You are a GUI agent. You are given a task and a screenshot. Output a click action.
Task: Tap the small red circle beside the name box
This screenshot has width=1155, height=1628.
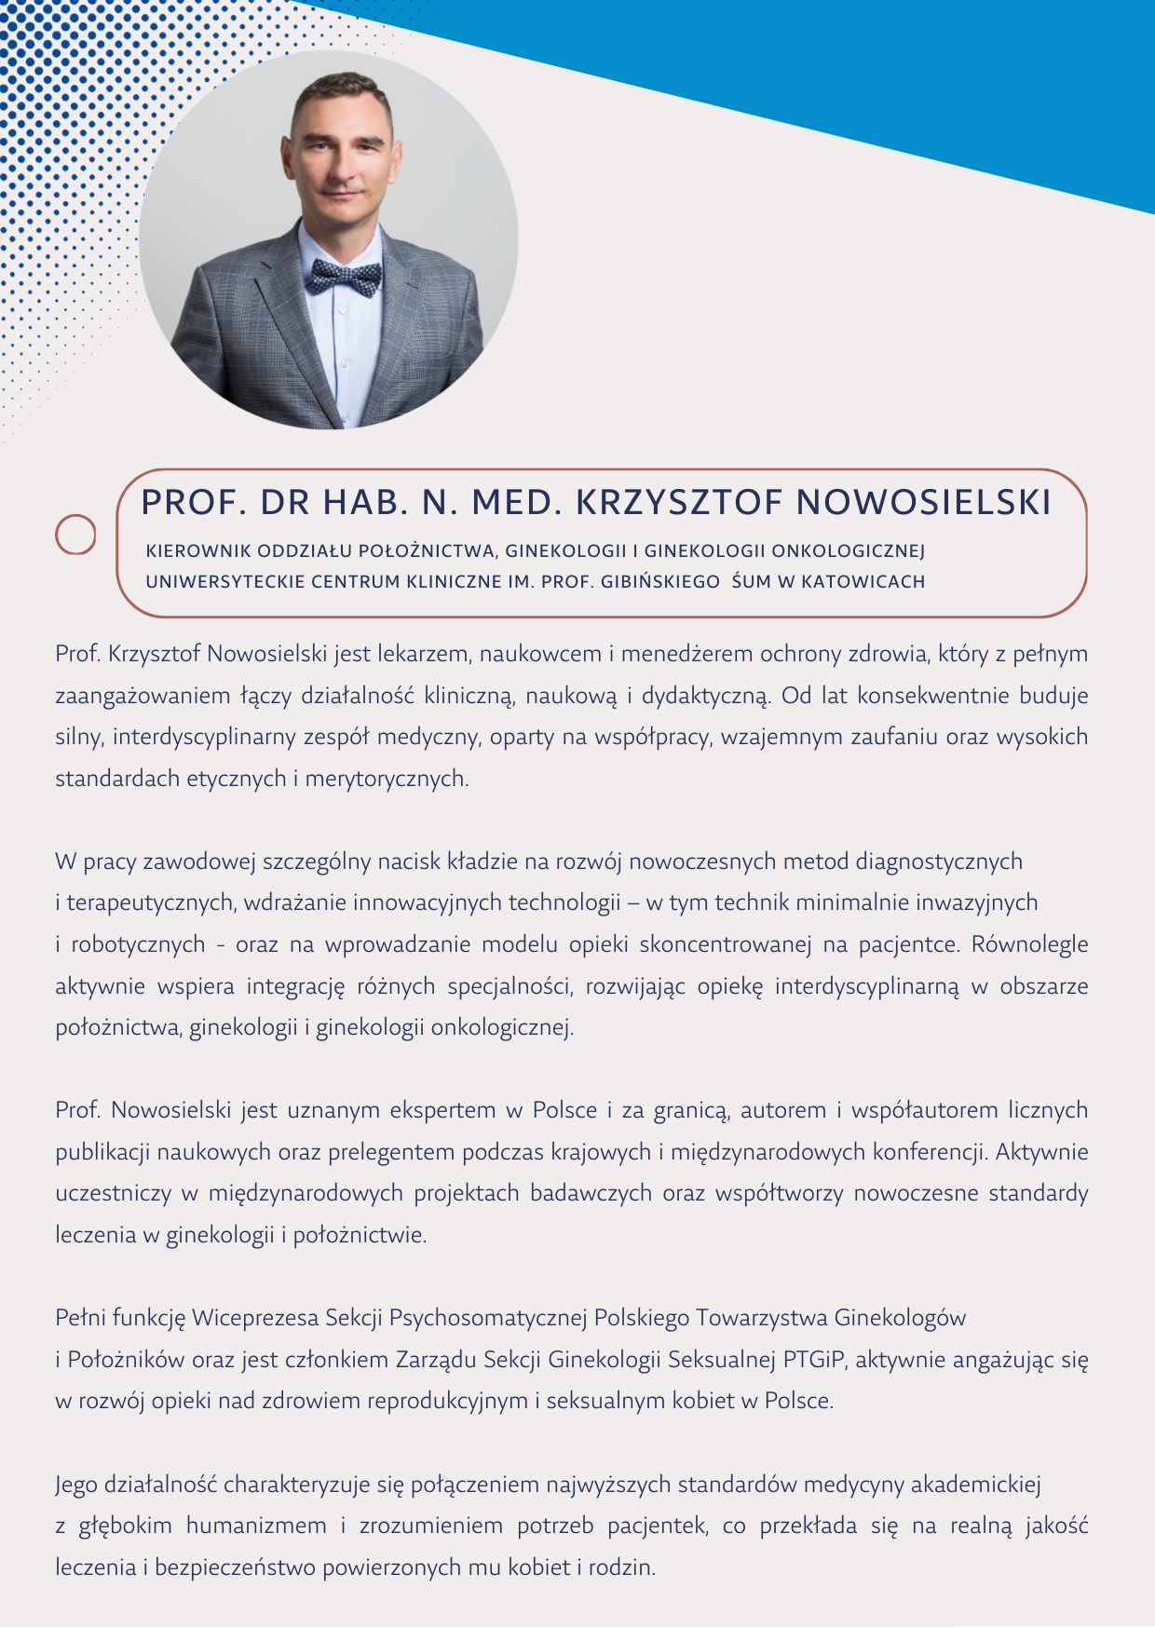coord(75,535)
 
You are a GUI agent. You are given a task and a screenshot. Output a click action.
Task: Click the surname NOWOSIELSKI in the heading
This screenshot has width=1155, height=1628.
coord(924,502)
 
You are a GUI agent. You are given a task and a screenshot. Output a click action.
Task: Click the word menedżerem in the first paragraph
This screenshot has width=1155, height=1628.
coord(686,654)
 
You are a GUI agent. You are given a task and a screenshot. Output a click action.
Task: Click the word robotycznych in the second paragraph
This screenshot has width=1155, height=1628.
coord(138,944)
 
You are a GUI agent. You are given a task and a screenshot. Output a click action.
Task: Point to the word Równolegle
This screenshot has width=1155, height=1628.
coord(1029,944)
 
